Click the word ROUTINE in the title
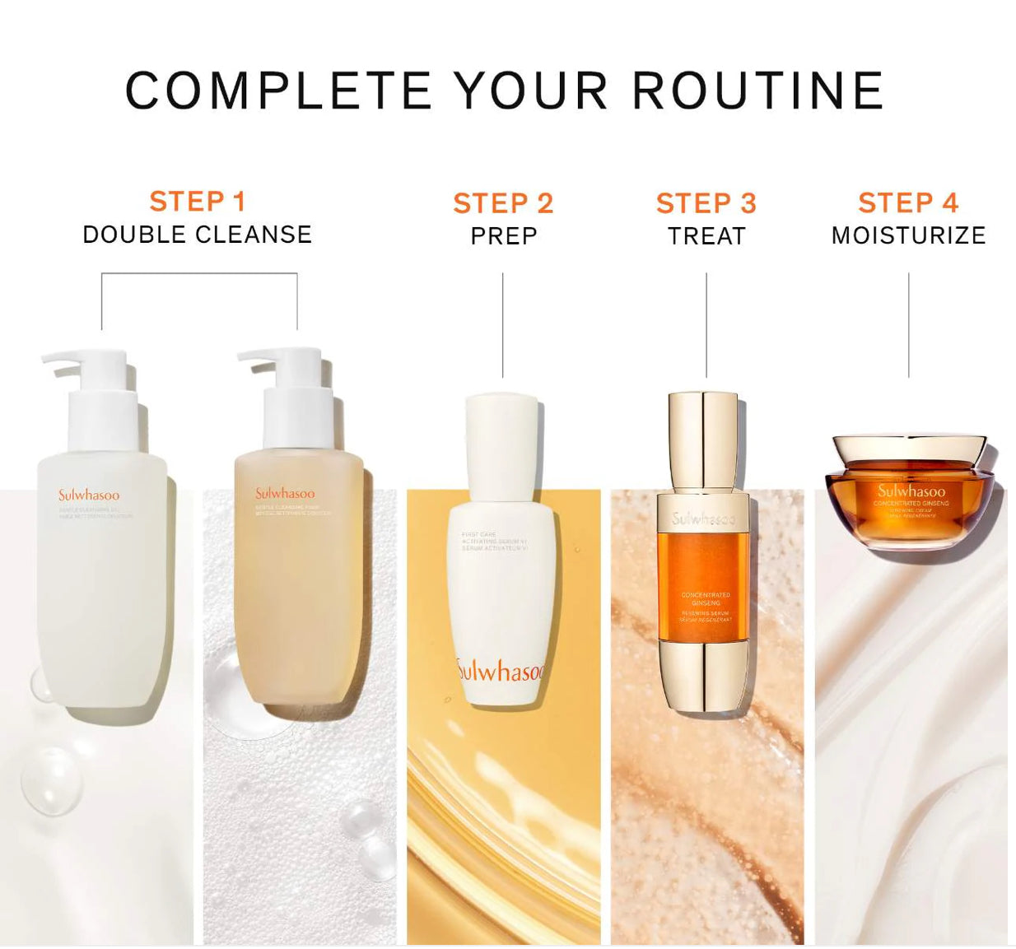[757, 91]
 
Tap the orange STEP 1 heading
[198, 202]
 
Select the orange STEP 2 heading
[503, 203]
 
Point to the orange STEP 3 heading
[706, 203]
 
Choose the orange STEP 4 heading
[908, 203]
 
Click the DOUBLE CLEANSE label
[198, 235]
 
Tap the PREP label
[503, 236]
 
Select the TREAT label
[706, 236]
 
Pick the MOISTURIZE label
[908, 236]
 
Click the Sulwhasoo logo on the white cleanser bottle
[88, 495]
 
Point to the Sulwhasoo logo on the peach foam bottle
[284, 494]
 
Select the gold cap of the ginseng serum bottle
[702, 440]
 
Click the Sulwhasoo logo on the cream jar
[911, 491]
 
